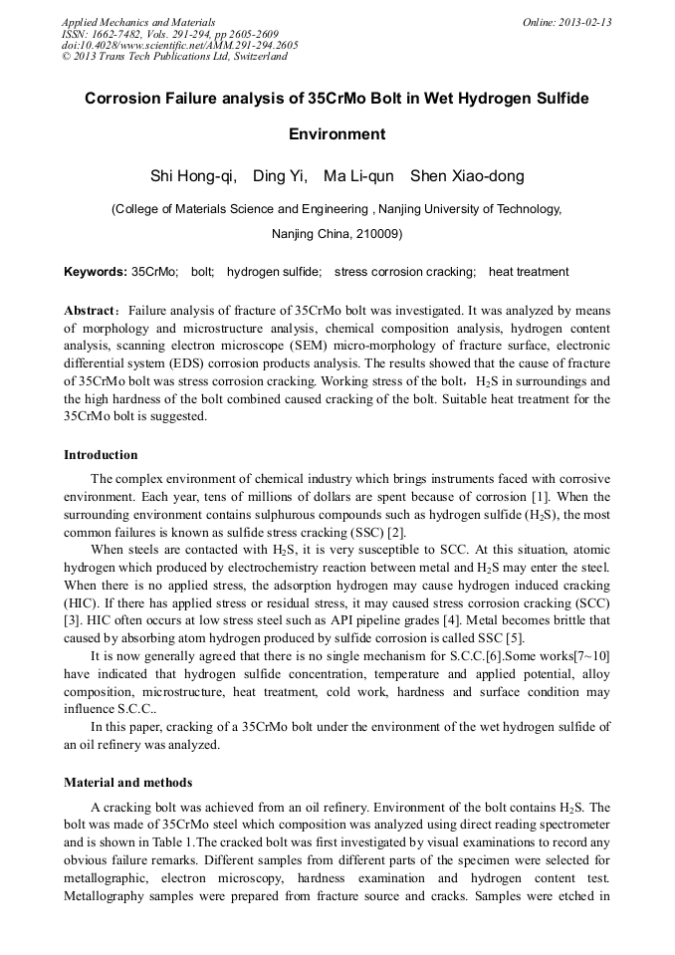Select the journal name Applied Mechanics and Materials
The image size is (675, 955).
point(138,22)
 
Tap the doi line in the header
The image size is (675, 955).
point(179,45)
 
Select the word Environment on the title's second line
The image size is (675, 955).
point(337,133)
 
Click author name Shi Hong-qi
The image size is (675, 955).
point(192,177)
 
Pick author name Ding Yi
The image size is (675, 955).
point(280,177)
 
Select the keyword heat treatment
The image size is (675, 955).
point(529,272)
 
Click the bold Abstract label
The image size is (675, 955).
point(91,310)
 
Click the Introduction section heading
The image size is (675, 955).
point(101,455)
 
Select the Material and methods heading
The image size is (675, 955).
point(127,783)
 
